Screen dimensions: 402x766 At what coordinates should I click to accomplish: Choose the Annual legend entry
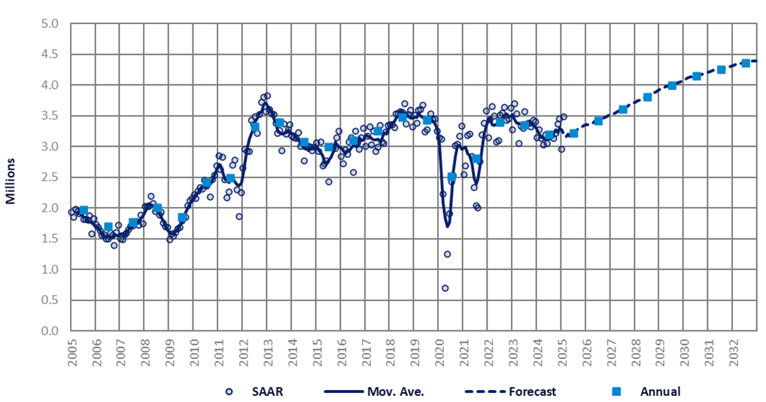659,391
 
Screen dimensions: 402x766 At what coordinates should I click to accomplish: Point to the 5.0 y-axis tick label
50,23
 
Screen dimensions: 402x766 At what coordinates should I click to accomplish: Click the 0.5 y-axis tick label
50,300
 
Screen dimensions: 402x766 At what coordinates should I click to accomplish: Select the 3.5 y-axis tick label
50,116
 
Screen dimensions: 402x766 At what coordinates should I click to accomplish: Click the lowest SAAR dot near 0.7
445,288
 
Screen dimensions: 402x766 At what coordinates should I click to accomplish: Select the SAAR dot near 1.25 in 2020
447,254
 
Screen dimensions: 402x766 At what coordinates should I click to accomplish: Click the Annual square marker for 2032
746,63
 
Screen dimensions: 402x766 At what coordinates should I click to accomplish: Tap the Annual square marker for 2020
452,177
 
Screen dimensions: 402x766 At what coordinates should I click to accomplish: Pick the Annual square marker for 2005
84,210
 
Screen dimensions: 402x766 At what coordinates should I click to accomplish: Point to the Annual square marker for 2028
648,97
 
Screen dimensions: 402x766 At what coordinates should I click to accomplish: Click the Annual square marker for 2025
574,133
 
